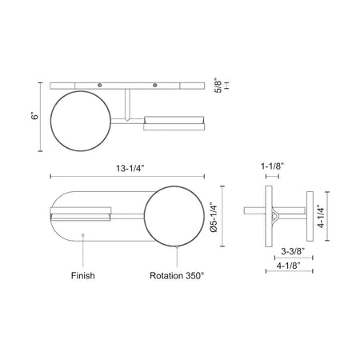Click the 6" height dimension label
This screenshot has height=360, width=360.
(x=35, y=117)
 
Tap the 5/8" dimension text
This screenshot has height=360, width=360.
(x=218, y=86)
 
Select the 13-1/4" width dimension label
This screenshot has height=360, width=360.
(x=130, y=169)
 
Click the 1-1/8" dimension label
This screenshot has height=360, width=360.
(x=272, y=166)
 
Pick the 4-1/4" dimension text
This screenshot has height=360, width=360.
(x=322, y=216)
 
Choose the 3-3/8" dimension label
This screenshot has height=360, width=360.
(x=293, y=251)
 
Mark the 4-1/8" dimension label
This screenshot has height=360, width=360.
(x=289, y=266)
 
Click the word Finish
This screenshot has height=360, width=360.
(x=83, y=275)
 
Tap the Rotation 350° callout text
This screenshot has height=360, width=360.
(x=177, y=275)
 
